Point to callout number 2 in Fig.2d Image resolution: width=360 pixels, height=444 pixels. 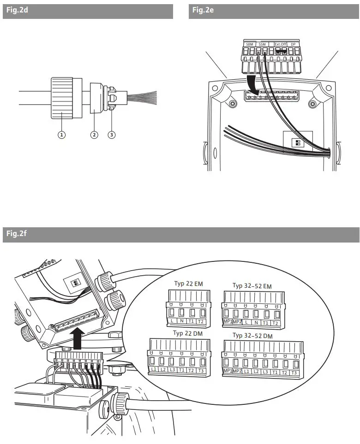click(x=94, y=135)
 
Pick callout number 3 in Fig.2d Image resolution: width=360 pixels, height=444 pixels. click(x=111, y=135)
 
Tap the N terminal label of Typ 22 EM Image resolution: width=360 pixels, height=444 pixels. click(x=181, y=320)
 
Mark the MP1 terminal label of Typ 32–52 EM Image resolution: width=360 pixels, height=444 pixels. click(x=228, y=321)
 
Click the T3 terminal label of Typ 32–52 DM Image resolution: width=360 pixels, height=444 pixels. click(x=294, y=372)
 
